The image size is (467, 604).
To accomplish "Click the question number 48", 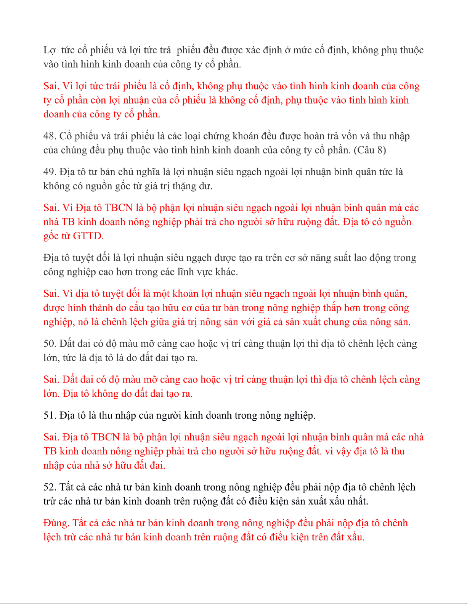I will [50, 136].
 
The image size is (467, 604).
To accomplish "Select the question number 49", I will [50, 172].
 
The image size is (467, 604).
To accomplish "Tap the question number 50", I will [50, 344].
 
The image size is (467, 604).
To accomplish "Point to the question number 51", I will [50, 415].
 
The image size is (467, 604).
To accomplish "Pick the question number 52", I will [50, 487].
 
